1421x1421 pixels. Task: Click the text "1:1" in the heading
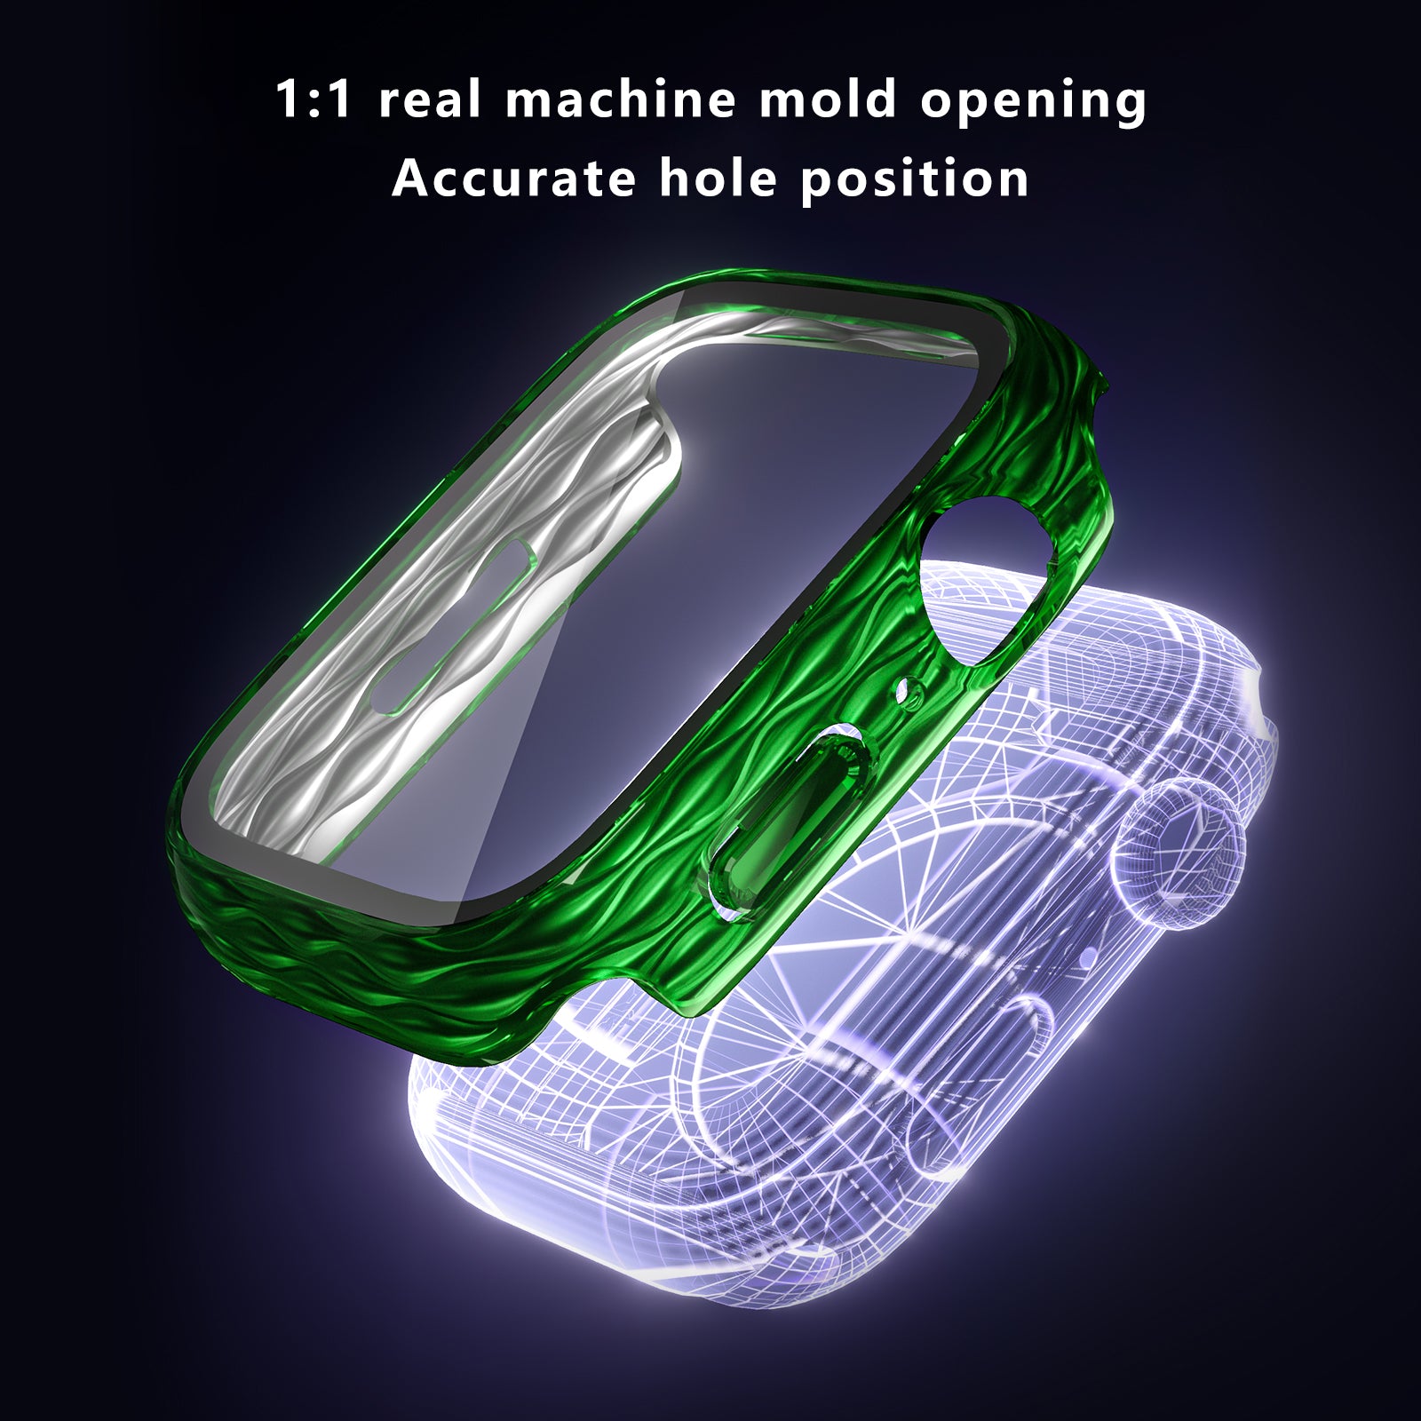[x=314, y=99]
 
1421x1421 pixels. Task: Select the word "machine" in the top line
[x=620, y=99]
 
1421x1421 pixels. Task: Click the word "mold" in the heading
[x=828, y=99]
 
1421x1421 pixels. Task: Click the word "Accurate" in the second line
[x=514, y=178]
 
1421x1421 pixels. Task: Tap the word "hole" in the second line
[x=718, y=178]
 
